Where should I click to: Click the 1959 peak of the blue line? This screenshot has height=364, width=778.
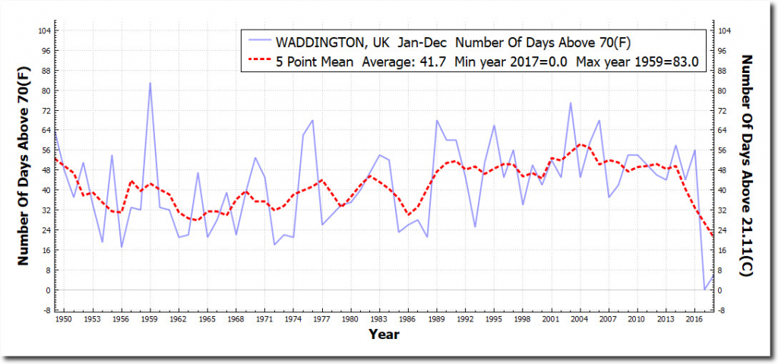click(x=150, y=83)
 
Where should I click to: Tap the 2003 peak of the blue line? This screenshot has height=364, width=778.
click(x=571, y=103)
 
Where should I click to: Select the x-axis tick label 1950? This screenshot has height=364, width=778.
click(x=64, y=319)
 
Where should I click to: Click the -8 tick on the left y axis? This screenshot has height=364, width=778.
click(x=47, y=310)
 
